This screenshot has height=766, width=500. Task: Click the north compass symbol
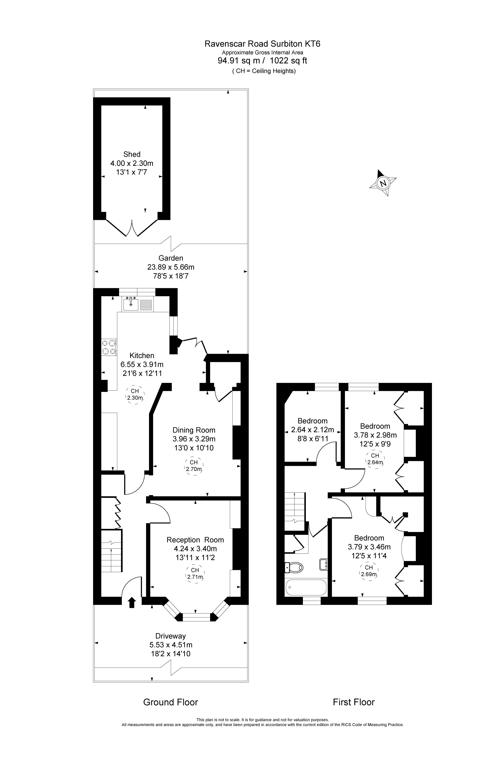point(383,183)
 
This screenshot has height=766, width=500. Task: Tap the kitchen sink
point(131,304)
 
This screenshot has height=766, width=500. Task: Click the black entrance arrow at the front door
point(132,602)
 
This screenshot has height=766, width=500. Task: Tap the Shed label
point(132,154)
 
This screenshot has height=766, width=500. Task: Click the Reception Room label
point(195,540)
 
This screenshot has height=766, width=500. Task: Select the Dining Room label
point(194,430)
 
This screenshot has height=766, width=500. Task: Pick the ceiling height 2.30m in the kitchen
point(135,395)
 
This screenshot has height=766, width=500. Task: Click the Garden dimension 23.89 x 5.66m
point(171,267)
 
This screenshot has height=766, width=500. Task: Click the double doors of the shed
point(132,228)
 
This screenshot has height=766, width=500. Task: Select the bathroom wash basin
point(323,564)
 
